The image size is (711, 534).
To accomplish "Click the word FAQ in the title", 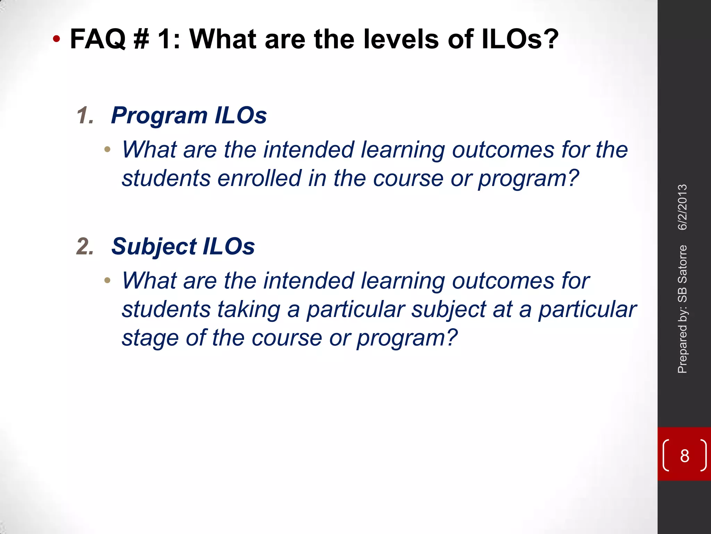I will [98, 39].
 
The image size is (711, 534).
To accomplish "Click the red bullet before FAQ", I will [56, 39].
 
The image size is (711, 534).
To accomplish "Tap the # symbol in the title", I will [141, 39].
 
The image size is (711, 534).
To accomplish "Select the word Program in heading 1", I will [159, 115].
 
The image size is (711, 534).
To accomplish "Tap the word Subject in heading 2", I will [153, 246].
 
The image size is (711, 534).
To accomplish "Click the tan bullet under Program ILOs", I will [107, 150].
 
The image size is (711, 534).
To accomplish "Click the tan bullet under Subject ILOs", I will [107, 280].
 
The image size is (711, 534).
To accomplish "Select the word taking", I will [249, 309].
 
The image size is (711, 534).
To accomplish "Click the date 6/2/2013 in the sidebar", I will [683, 207].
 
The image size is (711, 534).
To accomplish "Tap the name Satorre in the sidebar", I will [683, 259].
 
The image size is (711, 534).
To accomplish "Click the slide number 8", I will [684, 456].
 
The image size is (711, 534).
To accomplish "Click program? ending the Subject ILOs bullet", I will [407, 338].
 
